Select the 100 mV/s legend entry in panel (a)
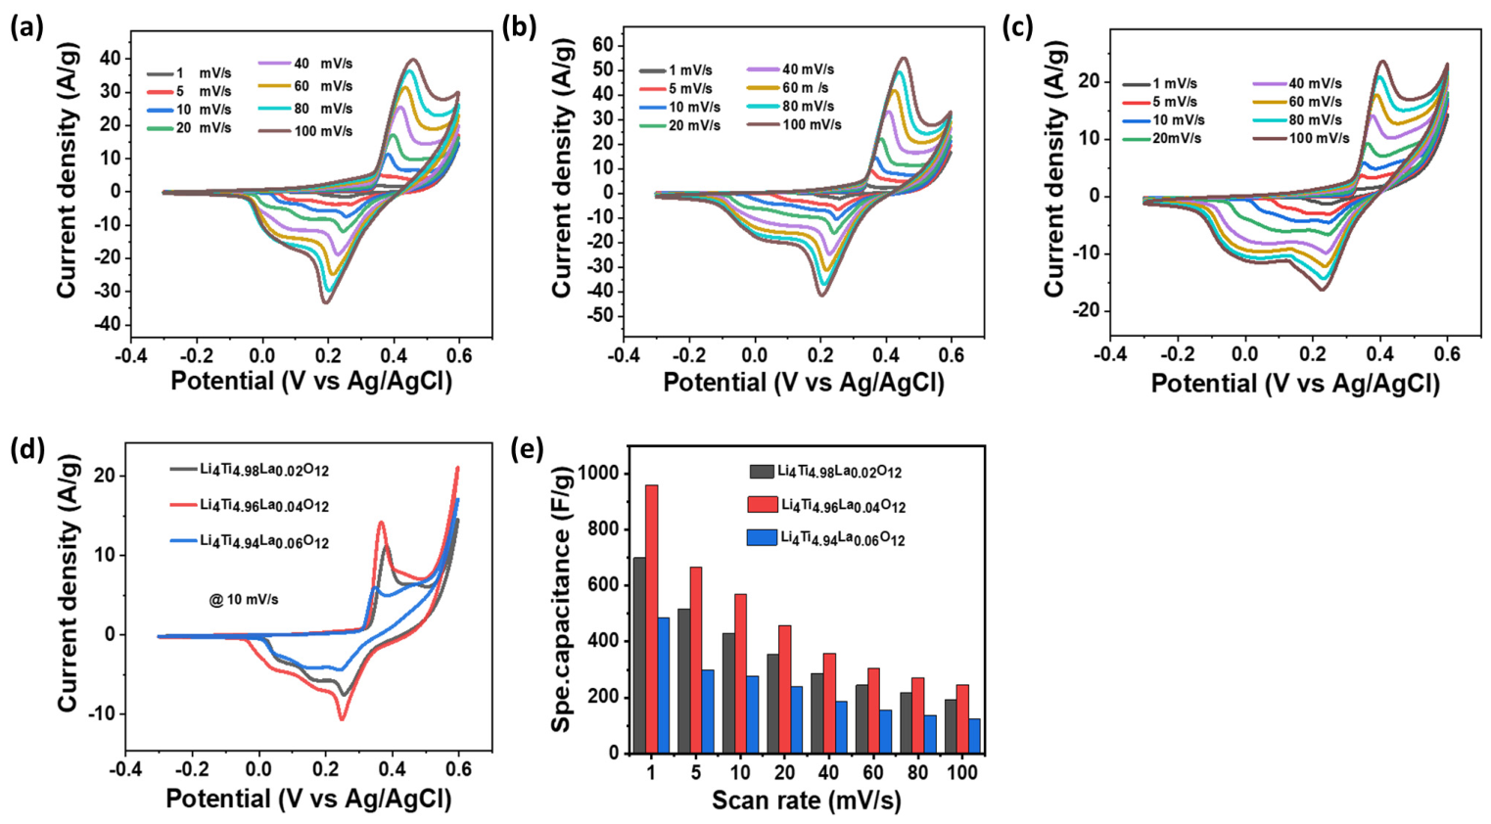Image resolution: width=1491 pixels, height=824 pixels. [305, 131]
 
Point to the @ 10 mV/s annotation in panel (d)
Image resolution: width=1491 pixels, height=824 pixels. [244, 600]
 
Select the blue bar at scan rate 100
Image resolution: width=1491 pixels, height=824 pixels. [974, 736]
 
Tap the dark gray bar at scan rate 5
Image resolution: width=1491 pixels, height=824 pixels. [683, 681]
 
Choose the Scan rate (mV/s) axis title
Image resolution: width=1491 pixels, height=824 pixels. [807, 801]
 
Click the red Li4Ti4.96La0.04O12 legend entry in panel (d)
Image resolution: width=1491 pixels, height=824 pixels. [251, 506]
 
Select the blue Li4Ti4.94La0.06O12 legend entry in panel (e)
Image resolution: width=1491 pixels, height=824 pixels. [826, 538]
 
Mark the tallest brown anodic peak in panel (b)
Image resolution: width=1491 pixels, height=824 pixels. [904, 58]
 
